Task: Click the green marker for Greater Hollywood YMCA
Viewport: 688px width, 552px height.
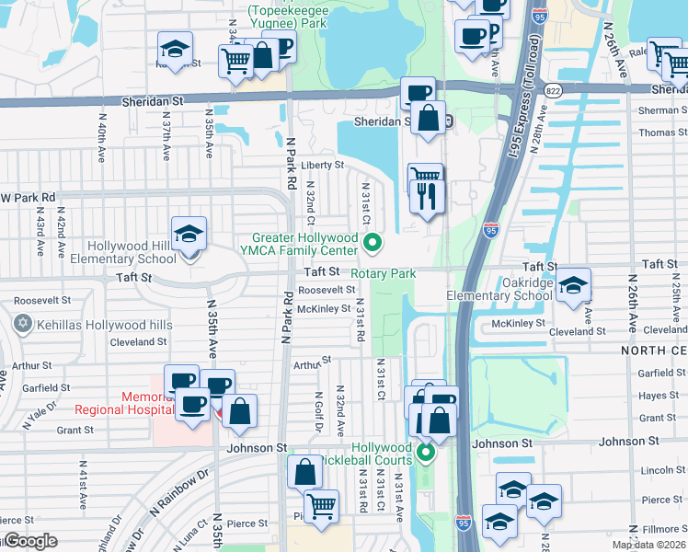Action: [373, 244]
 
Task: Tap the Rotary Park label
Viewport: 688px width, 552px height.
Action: [384, 273]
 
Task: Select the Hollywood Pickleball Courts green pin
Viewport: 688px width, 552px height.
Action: [426, 452]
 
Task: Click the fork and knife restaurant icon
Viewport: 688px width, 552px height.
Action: [428, 195]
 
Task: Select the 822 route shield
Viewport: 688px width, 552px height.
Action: [552, 90]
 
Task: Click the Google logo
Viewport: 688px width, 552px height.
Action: [29, 541]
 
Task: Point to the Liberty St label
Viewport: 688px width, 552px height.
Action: [322, 166]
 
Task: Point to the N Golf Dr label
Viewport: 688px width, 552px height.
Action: [318, 411]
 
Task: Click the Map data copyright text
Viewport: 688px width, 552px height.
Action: [648, 545]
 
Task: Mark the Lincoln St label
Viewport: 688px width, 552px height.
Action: [658, 470]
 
